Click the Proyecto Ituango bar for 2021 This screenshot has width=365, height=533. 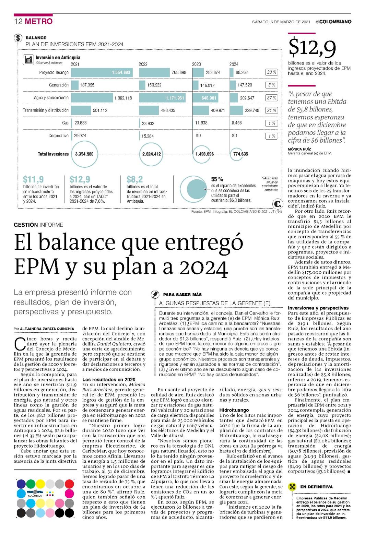coord(102,72)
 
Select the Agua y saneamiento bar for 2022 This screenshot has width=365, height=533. coord(163,98)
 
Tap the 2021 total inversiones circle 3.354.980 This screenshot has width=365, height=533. coord(84,154)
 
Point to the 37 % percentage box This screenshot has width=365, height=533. coord(271,98)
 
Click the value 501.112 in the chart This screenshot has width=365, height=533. coord(100,110)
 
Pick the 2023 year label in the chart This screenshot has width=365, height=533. coord(197,64)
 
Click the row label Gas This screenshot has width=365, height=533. coord(66,123)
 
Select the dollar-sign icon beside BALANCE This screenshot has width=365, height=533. coord(18,38)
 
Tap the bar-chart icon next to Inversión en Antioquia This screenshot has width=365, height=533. coord(28,59)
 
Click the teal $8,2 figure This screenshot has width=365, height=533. coord(135,179)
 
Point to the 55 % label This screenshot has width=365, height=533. coord(217,179)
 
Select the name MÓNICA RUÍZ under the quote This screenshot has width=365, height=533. coord(299,149)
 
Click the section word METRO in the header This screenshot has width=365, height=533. coord(38,21)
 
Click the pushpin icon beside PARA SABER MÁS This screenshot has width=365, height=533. coord(155,295)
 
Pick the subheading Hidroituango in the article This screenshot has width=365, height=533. coord(234,410)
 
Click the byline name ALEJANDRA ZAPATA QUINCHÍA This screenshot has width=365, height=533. coord(47,329)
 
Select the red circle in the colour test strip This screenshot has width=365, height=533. coord(69,484)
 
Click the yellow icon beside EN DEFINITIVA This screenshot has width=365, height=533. coord(292,487)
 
